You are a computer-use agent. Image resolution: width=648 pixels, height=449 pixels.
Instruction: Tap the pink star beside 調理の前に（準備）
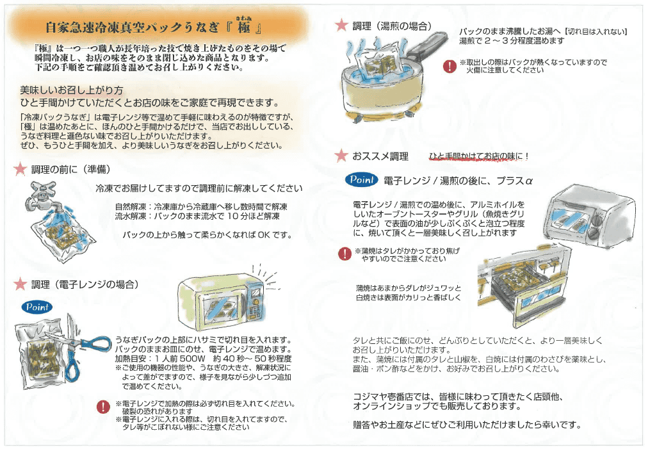click(20, 170)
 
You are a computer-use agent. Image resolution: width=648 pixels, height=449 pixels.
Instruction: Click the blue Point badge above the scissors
click(36, 307)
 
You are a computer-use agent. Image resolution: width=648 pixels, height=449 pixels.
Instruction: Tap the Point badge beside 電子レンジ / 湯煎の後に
click(362, 180)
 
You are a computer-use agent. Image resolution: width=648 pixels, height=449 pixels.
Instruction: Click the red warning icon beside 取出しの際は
click(449, 66)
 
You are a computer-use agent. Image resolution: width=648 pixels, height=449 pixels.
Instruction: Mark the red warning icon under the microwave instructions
click(102, 406)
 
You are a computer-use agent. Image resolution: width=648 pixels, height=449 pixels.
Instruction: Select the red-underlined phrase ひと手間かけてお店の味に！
click(479, 156)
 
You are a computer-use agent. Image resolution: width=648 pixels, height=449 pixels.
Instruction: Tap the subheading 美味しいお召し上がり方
click(71, 90)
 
